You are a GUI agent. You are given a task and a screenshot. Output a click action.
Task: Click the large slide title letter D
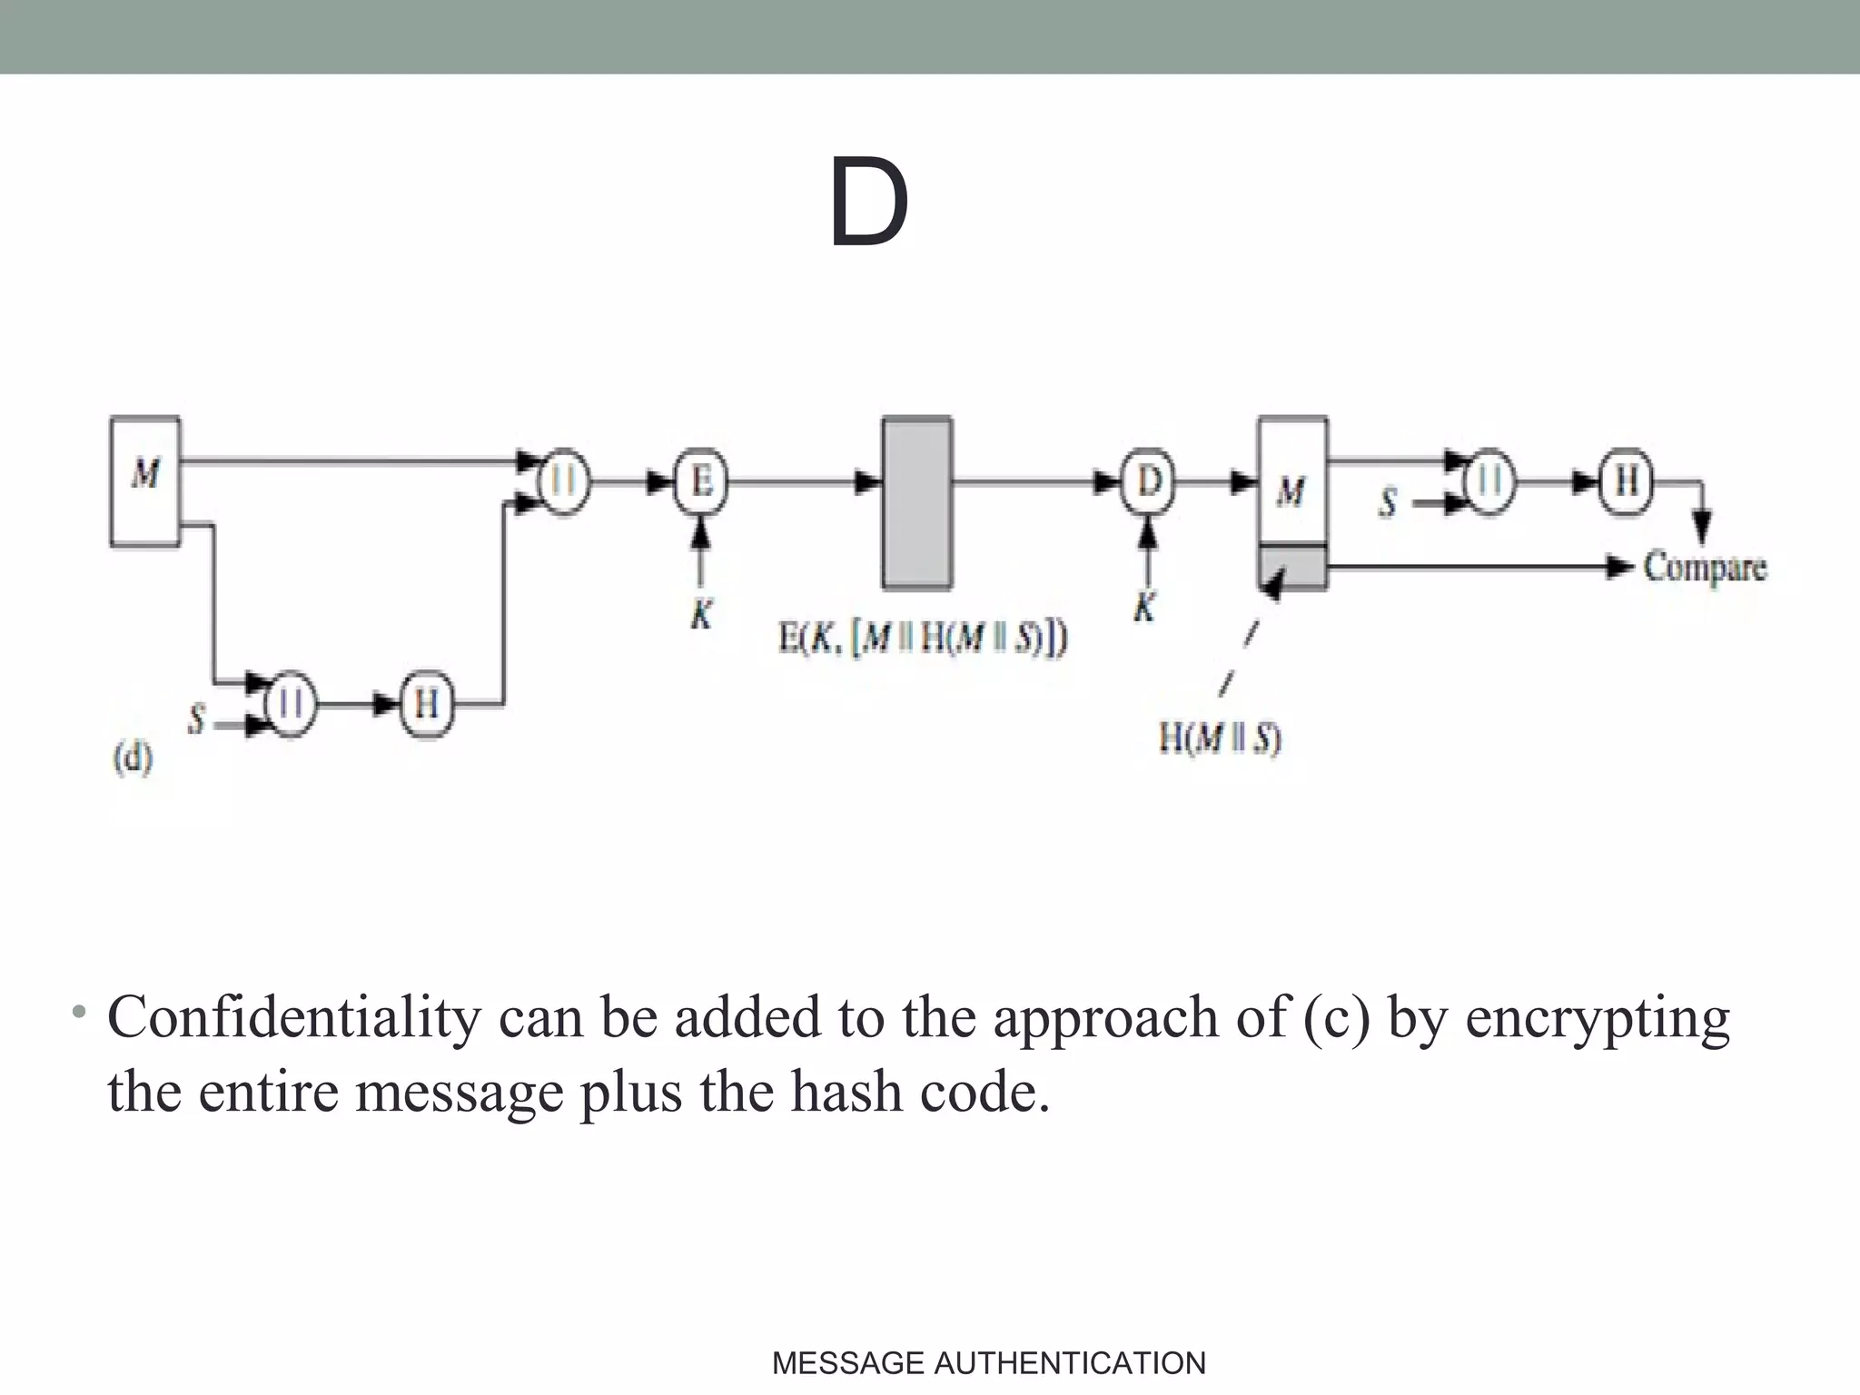point(868,203)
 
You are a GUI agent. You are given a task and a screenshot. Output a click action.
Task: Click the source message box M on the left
point(145,480)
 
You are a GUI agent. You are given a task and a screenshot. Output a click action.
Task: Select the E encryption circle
point(700,481)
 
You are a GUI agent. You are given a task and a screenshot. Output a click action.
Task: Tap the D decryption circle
point(1148,481)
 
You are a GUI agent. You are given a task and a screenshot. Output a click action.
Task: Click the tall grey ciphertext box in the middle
point(917,503)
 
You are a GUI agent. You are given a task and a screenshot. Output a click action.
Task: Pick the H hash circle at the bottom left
point(426,704)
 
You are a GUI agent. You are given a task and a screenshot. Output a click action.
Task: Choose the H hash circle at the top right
point(1626,481)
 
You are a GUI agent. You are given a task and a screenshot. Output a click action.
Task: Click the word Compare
point(1705,568)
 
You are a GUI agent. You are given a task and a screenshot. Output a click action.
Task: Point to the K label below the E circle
point(700,615)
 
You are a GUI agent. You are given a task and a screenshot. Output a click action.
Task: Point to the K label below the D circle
point(1146,606)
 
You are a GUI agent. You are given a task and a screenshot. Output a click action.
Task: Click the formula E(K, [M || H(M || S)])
point(923,638)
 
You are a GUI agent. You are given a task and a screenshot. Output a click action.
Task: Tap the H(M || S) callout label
point(1220,737)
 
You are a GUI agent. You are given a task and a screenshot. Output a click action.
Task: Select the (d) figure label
point(133,757)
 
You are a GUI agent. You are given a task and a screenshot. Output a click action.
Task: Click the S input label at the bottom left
point(196,720)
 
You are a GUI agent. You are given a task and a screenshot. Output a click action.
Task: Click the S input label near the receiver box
point(1387,502)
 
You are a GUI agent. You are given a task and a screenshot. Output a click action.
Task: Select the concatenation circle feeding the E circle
point(564,481)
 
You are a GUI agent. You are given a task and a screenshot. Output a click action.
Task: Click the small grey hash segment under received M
point(1292,568)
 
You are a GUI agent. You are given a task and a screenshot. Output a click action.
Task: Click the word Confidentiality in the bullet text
point(293,1017)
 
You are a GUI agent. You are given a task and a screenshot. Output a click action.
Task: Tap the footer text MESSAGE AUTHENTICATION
point(988,1363)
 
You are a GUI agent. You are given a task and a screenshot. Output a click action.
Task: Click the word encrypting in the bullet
point(1598,1017)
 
